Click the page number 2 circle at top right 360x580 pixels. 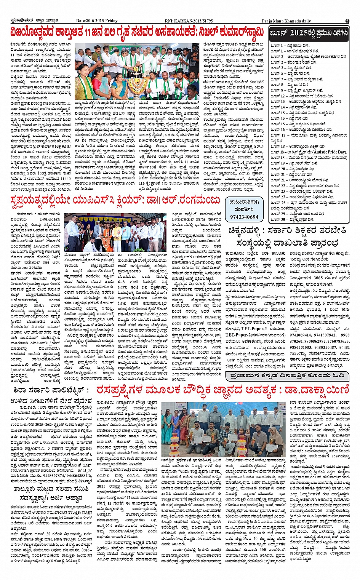pos(347,21)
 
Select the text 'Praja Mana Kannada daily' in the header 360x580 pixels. pos(286,21)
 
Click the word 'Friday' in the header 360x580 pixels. pos(112,21)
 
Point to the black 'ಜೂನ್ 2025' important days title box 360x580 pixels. pos(309,34)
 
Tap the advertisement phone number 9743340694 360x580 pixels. pos(244,217)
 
